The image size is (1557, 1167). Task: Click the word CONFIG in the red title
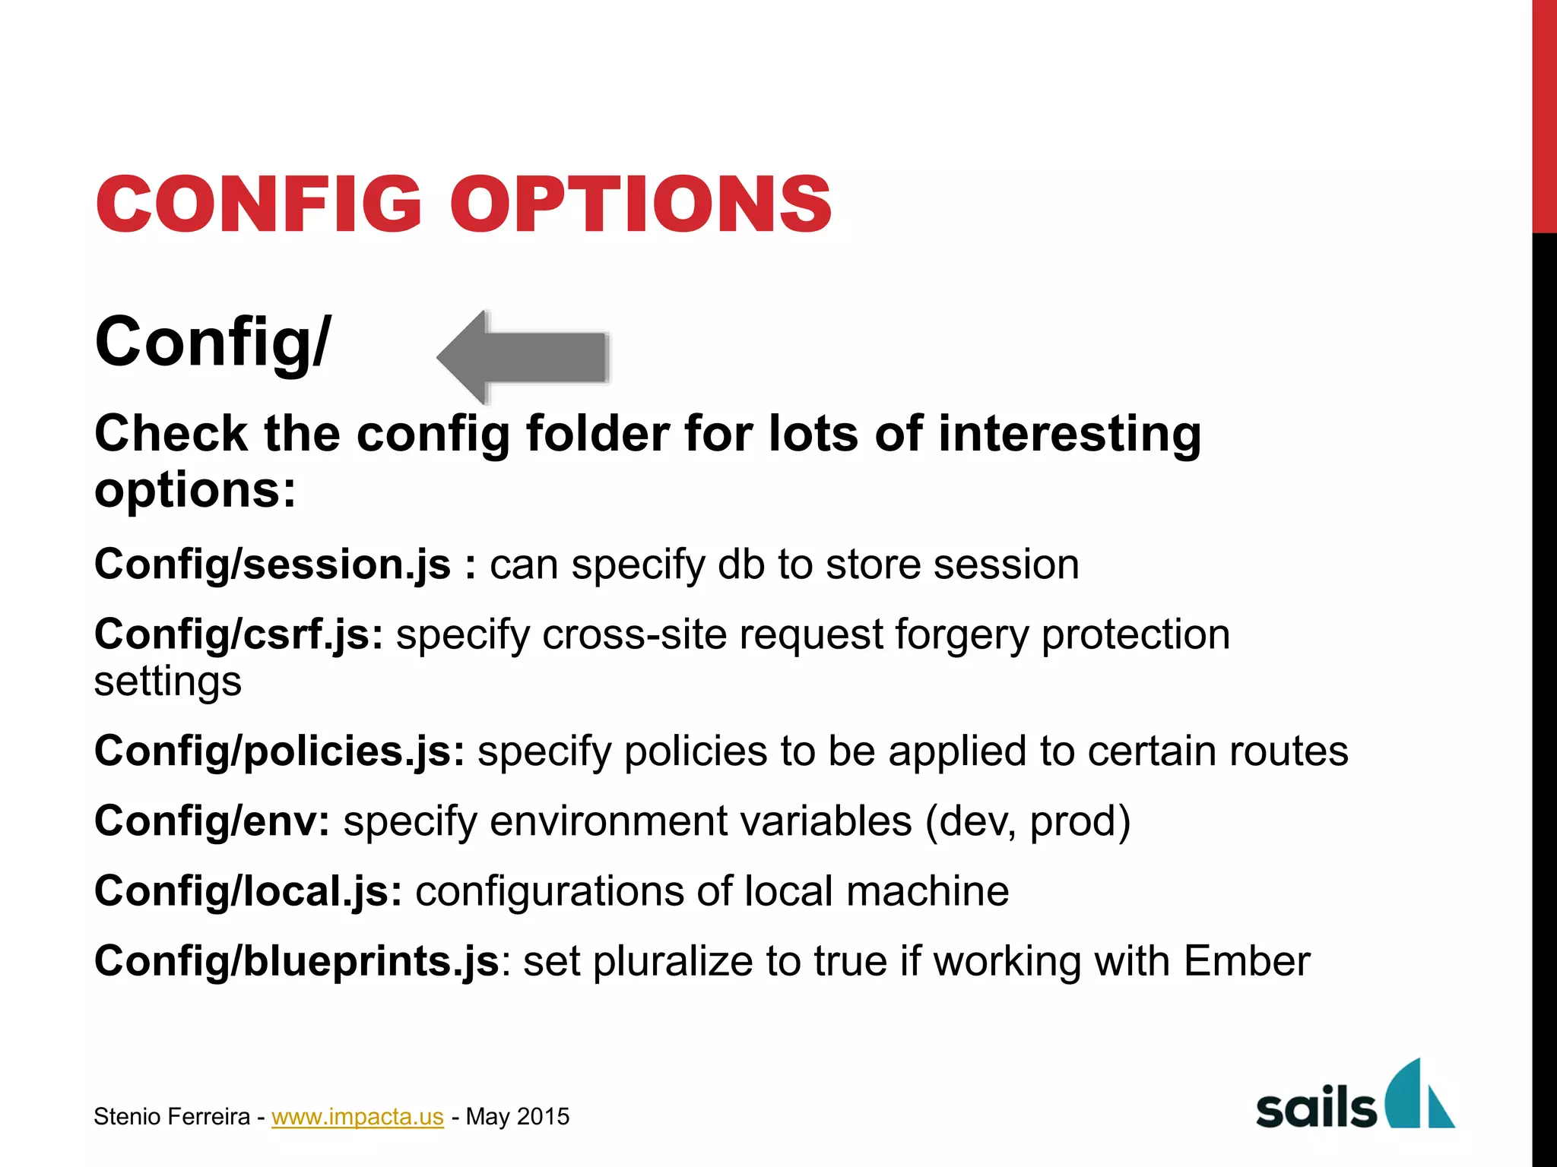[258, 204]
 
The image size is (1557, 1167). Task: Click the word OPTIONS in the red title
[642, 204]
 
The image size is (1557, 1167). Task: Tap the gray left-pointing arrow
[523, 356]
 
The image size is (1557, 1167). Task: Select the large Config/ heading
[213, 342]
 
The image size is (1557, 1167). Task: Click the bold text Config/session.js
[272, 565]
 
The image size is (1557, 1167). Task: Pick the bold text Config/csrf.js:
[239, 634]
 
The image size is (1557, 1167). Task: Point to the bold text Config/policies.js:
[279, 751]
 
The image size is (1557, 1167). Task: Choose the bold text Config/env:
[212, 821]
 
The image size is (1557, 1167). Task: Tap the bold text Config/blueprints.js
[296, 961]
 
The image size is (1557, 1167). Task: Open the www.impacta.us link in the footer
[357, 1116]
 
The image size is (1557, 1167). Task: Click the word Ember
[1247, 961]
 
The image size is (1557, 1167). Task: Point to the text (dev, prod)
[1028, 821]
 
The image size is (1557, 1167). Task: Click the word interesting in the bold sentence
[1070, 434]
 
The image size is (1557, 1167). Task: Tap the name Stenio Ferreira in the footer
[172, 1116]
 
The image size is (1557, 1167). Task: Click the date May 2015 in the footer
[517, 1116]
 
